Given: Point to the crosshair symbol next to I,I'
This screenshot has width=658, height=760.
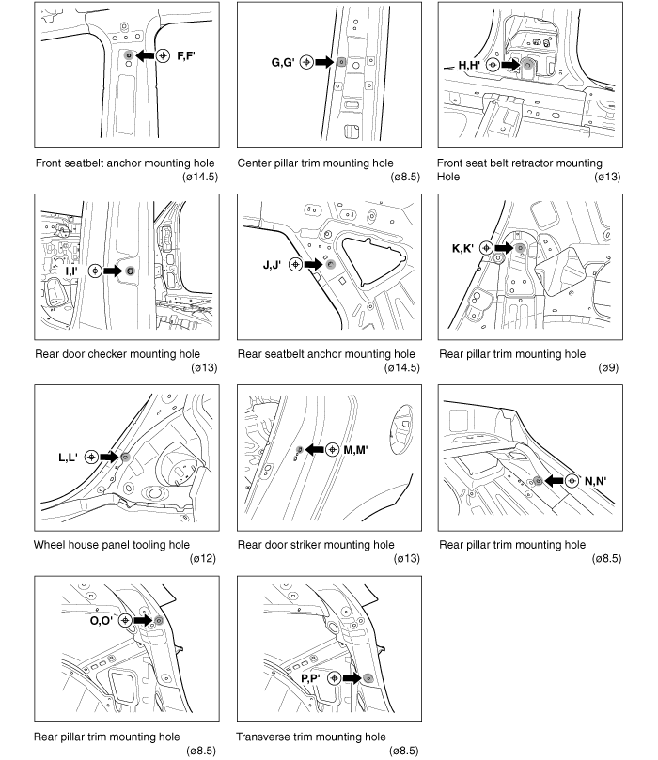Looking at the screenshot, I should [x=95, y=271].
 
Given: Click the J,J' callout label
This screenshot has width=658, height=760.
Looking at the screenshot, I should [x=274, y=265].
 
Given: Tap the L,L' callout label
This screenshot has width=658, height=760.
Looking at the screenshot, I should [x=70, y=457].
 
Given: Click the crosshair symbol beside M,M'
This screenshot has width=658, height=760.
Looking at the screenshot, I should [x=332, y=450].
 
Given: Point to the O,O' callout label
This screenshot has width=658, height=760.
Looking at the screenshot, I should [x=102, y=620].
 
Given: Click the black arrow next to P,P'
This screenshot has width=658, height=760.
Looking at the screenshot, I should [x=351, y=677].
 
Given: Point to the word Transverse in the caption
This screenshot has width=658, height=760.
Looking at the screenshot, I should [x=266, y=737].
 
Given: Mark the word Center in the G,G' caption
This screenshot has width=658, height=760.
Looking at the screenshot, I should [x=256, y=163].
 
